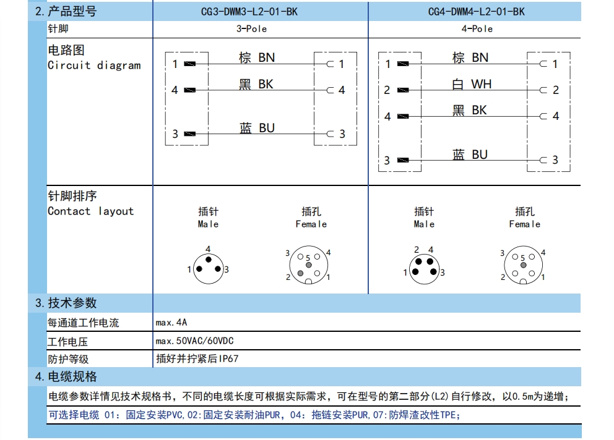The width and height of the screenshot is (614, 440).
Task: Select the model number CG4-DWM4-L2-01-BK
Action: click(476, 12)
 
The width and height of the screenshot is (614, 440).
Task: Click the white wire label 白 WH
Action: click(472, 83)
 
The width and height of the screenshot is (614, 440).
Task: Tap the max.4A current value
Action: click(171, 322)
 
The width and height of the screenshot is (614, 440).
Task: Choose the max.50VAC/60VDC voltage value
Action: click(195, 341)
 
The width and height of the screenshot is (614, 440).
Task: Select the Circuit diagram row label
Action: click(94, 65)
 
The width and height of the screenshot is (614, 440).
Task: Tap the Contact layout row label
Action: click(90, 211)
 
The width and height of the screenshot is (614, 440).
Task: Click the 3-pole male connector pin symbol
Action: click(208, 268)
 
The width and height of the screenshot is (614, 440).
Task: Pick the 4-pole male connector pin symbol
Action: click(424, 267)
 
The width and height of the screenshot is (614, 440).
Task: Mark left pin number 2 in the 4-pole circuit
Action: click(387, 90)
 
